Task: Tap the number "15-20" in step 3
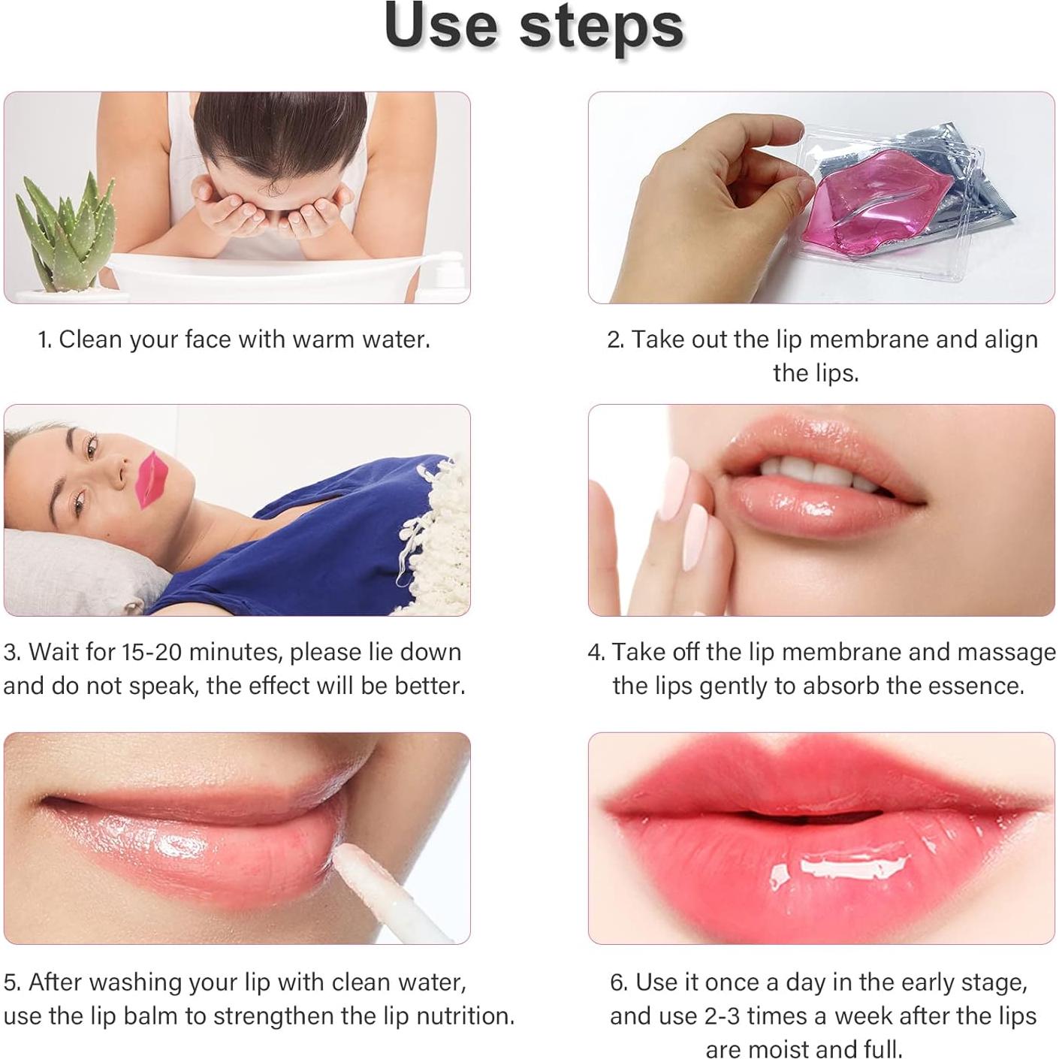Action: tap(151, 652)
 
